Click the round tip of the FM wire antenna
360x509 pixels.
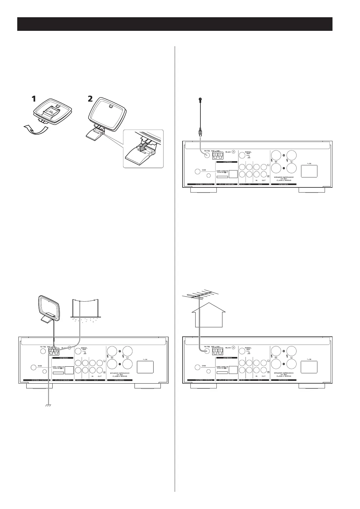[200, 99]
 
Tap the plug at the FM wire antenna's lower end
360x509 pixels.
[200, 132]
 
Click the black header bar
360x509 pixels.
[175, 24]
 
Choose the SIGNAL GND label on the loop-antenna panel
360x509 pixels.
[84, 349]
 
